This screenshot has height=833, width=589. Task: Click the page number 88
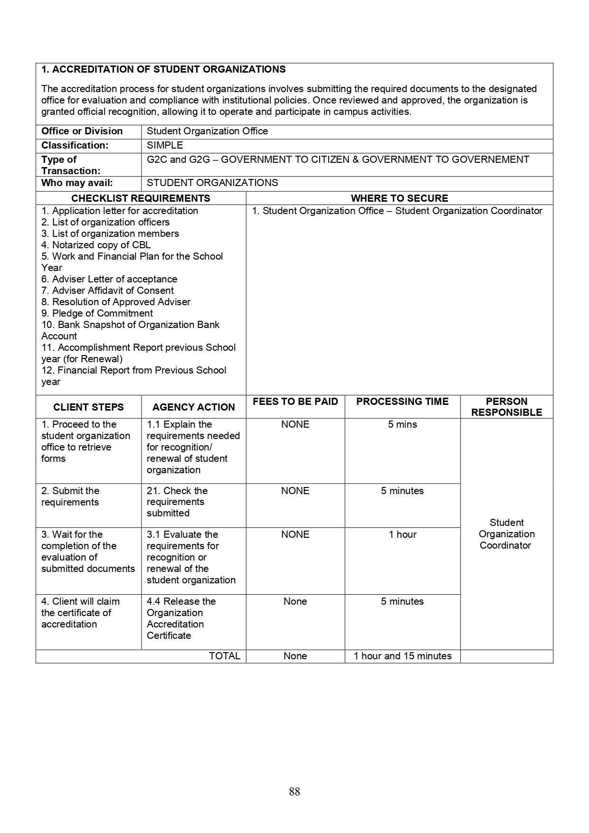click(x=294, y=792)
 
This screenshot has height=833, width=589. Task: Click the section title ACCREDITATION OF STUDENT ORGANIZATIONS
click(x=163, y=70)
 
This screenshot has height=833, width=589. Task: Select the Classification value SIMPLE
click(x=165, y=146)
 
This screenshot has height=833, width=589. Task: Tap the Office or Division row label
click(x=82, y=131)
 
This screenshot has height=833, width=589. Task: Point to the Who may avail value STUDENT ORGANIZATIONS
click(x=212, y=183)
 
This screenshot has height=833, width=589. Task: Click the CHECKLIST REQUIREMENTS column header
click(x=141, y=198)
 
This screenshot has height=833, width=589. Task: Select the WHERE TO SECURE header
click(x=399, y=198)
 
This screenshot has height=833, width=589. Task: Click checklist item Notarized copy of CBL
click(x=96, y=245)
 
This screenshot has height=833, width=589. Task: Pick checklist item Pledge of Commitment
click(x=97, y=313)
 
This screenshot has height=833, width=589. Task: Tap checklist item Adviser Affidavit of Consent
click(x=107, y=290)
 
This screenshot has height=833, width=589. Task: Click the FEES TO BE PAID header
click(x=295, y=402)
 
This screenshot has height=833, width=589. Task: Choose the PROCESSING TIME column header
click(x=402, y=402)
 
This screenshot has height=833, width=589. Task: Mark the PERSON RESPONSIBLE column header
click(x=506, y=407)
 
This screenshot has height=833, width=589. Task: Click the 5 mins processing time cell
click(x=402, y=424)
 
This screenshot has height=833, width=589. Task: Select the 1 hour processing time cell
click(x=402, y=534)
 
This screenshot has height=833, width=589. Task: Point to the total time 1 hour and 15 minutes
click(x=402, y=656)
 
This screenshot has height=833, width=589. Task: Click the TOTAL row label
click(x=224, y=656)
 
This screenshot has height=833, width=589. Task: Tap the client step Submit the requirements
click(x=70, y=496)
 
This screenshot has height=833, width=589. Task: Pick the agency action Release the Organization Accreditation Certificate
click(x=181, y=618)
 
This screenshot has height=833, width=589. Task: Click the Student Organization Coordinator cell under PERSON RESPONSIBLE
click(x=506, y=534)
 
